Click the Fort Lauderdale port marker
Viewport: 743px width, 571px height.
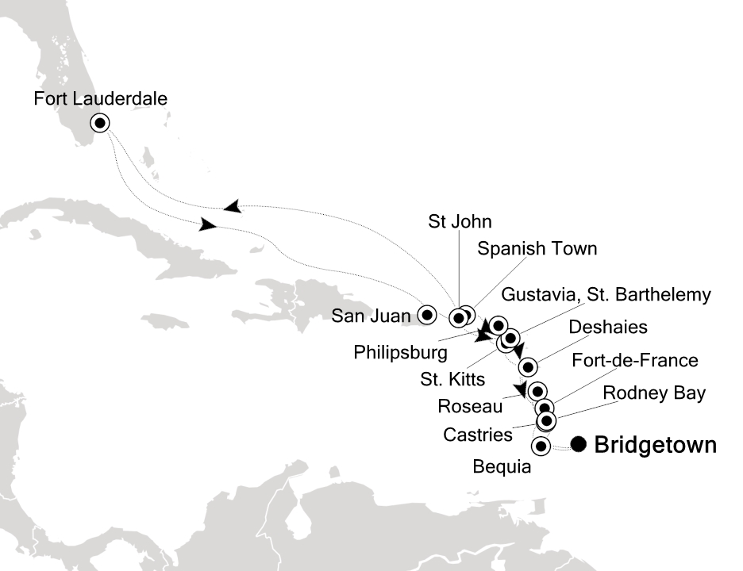pos(100,123)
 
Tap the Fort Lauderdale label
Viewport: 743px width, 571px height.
pos(101,99)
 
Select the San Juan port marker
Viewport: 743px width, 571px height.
pos(427,315)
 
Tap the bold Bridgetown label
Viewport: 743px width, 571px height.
pos(655,445)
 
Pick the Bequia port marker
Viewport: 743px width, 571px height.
pos(541,446)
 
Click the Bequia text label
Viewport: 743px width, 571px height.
pos(502,468)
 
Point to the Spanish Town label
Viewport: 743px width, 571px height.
pos(537,248)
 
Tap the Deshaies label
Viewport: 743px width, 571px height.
pos(608,327)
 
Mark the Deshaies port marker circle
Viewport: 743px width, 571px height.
pos(528,366)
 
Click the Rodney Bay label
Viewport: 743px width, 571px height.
pos(654,393)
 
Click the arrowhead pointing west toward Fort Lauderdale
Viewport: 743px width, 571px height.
pos(231,206)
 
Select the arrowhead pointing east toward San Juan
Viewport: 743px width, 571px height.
pos(208,225)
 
